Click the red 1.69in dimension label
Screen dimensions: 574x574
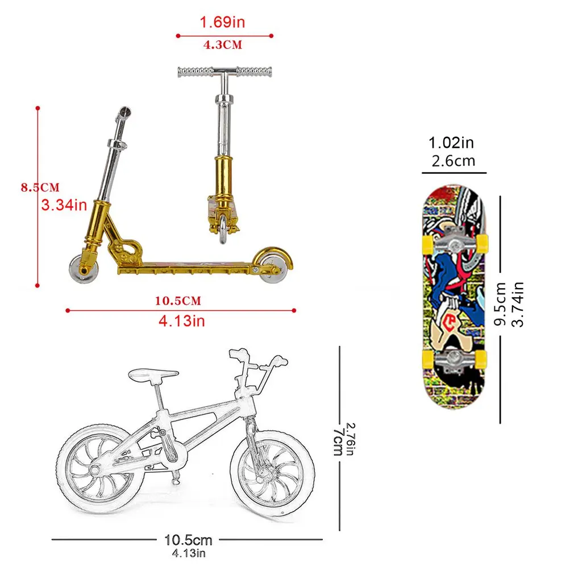pyautogui.click(x=222, y=23)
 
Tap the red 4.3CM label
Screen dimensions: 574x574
pyautogui.click(x=223, y=45)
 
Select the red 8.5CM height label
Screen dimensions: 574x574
pyautogui.click(x=40, y=187)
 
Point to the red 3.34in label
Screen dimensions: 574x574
pyautogui.click(x=64, y=205)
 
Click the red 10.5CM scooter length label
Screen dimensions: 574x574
pyautogui.click(x=178, y=301)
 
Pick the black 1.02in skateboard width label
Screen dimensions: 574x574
pyautogui.click(x=451, y=142)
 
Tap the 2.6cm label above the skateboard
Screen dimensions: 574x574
pyautogui.click(x=453, y=160)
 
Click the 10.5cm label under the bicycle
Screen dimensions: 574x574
pyautogui.click(x=188, y=539)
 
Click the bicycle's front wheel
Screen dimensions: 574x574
pyautogui.click(x=272, y=475)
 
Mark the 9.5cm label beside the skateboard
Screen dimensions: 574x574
pyautogui.click(x=501, y=305)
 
